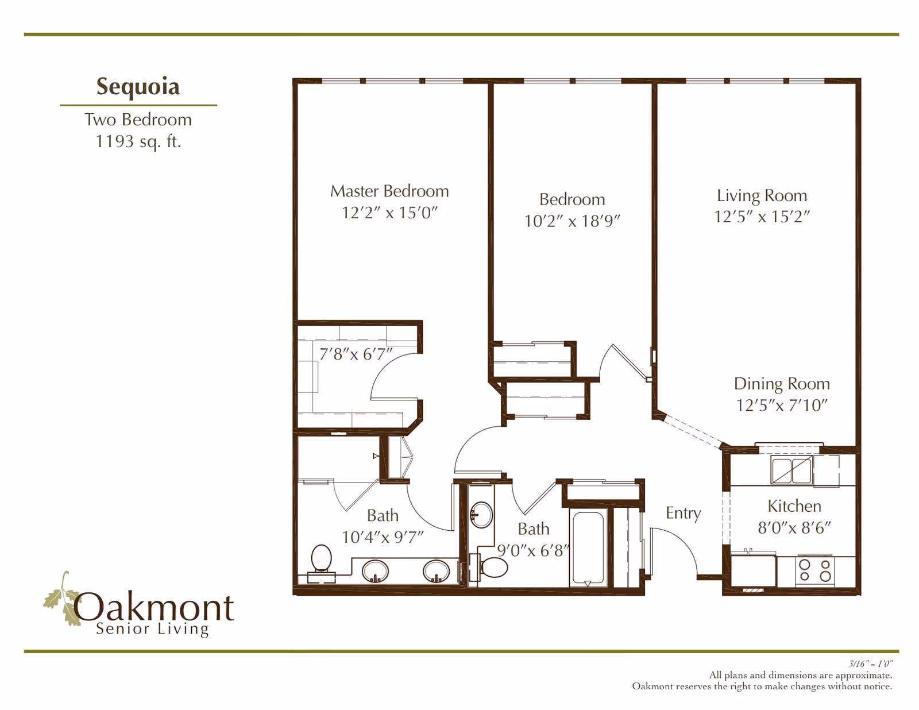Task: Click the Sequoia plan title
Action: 138,87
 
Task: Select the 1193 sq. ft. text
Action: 138,141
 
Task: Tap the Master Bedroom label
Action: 389,191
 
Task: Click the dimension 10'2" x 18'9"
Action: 572,221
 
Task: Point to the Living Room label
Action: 762,195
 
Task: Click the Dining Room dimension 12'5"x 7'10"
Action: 782,406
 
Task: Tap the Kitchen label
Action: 794,506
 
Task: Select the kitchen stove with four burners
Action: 814,570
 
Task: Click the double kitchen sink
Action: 791,470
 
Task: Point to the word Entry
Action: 683,513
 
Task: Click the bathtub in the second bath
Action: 588,547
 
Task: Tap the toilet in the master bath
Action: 322,559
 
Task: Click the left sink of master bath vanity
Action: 375,571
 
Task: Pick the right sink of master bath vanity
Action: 436,571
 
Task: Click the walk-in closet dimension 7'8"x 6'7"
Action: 356,354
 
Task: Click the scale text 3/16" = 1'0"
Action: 871,664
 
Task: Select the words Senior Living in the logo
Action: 152,629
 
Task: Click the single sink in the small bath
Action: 481,514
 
